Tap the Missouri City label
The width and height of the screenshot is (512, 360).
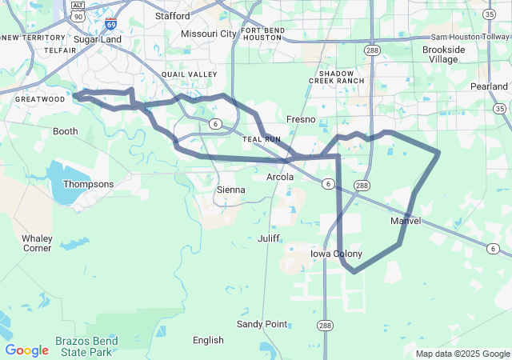coord(209,34)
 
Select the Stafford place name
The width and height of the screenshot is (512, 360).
coord(172,16)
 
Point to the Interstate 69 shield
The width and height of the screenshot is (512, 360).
coord(110,25)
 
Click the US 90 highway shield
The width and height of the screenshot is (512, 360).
coord(78,16)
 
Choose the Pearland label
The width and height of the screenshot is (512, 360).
coord(489,86)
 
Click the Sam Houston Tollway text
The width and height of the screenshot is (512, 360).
coord(470,38)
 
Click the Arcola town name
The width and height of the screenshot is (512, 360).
coord(280,177)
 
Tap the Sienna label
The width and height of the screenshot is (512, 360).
coord(230,190)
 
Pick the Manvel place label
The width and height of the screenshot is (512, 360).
coord(405,221)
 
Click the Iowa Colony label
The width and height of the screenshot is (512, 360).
coord(336,254)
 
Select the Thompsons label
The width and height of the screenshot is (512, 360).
coord(88,184)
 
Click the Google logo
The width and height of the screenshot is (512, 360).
coord(26,350)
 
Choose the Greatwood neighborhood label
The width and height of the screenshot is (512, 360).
coord(40,99)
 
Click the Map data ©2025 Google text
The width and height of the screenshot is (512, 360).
coord(462,354)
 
